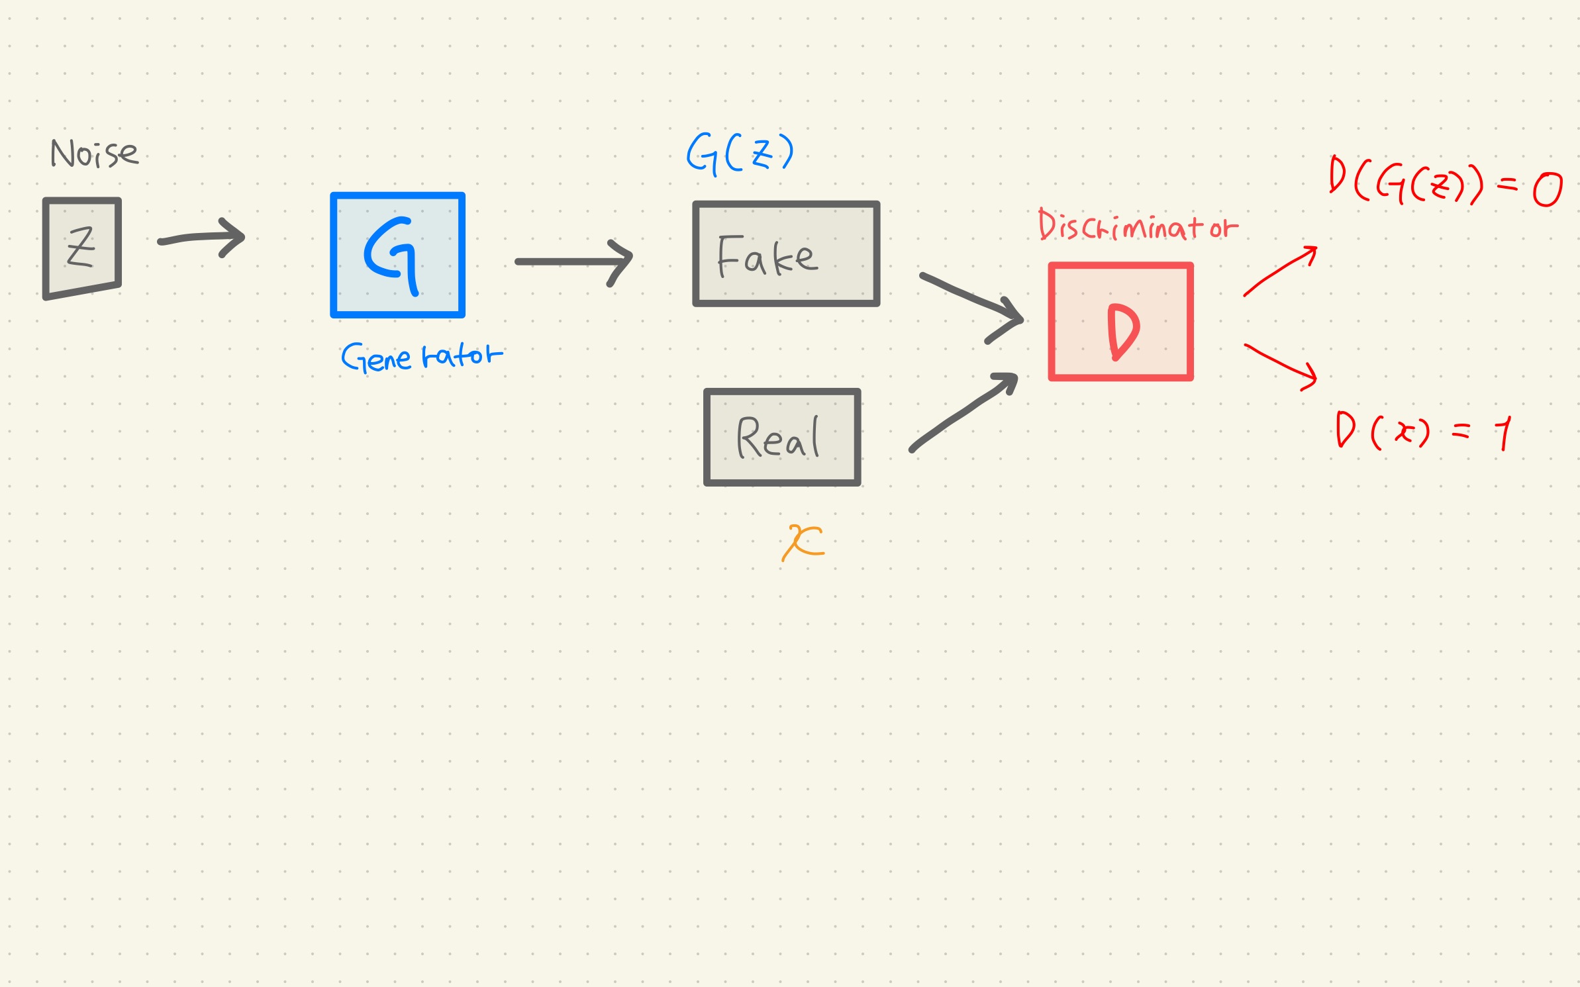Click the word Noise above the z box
(x=95, y=154)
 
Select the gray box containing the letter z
(x=81, y=248)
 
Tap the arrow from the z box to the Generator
(x=202, y=238)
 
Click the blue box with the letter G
(x=397, y=255)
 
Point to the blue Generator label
(x=422, y=357)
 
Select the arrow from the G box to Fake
(x=573, y=262)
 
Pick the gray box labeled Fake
(x=786, y=254)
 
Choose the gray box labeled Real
(x=782, y=438)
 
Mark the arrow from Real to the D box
(x=964, y=412)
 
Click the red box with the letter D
(x=1120, y=322)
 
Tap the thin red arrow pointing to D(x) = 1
(x=1280, y=365)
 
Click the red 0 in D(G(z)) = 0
(x=1547, y=189)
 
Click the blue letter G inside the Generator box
(x=393, y=254)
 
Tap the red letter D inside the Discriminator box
(x=1123, y=331)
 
